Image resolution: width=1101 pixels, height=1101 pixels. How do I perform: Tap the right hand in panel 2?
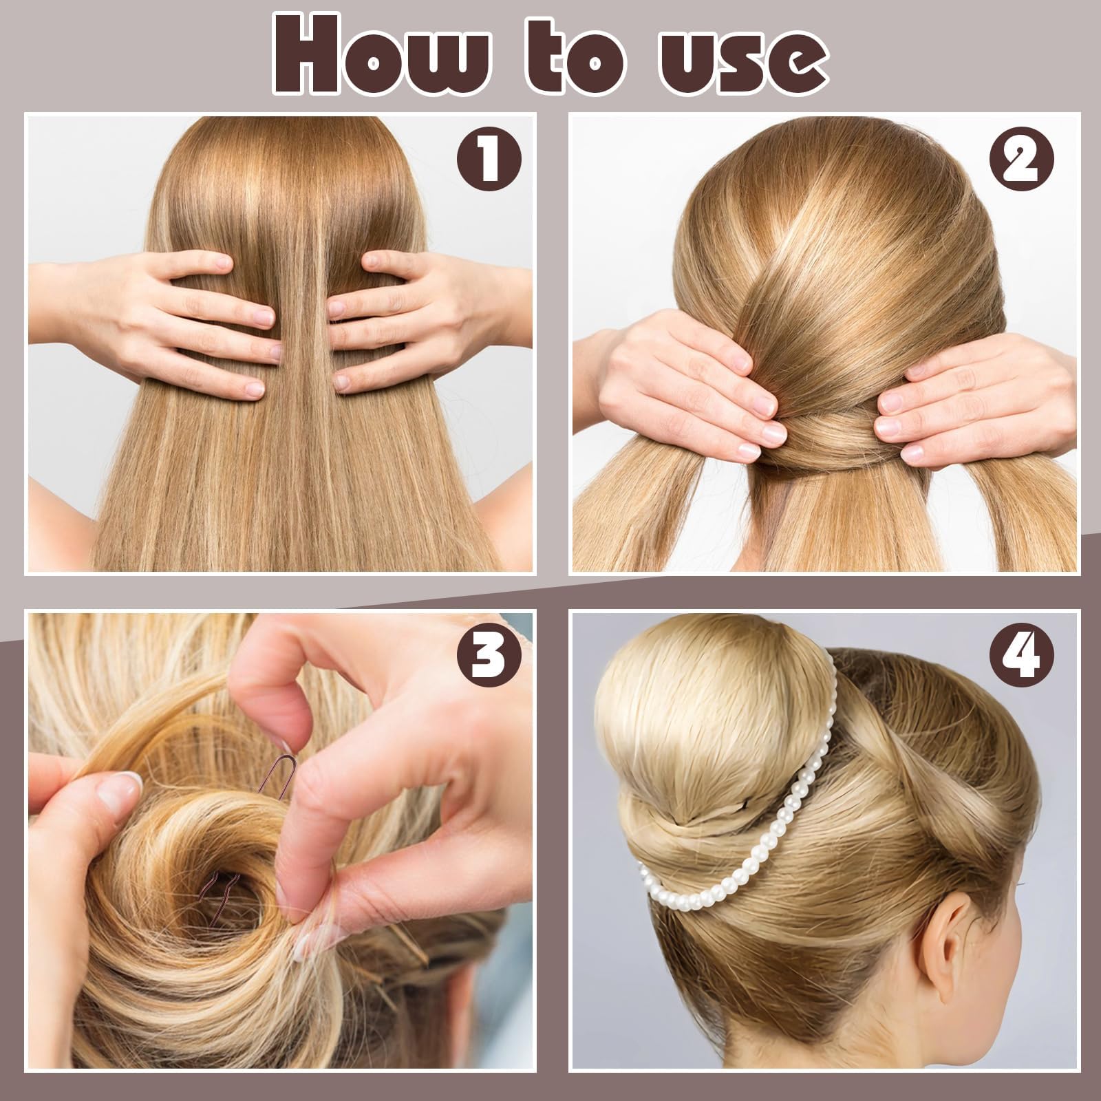[977, 406]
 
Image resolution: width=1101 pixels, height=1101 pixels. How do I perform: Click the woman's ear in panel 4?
[960, 922]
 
